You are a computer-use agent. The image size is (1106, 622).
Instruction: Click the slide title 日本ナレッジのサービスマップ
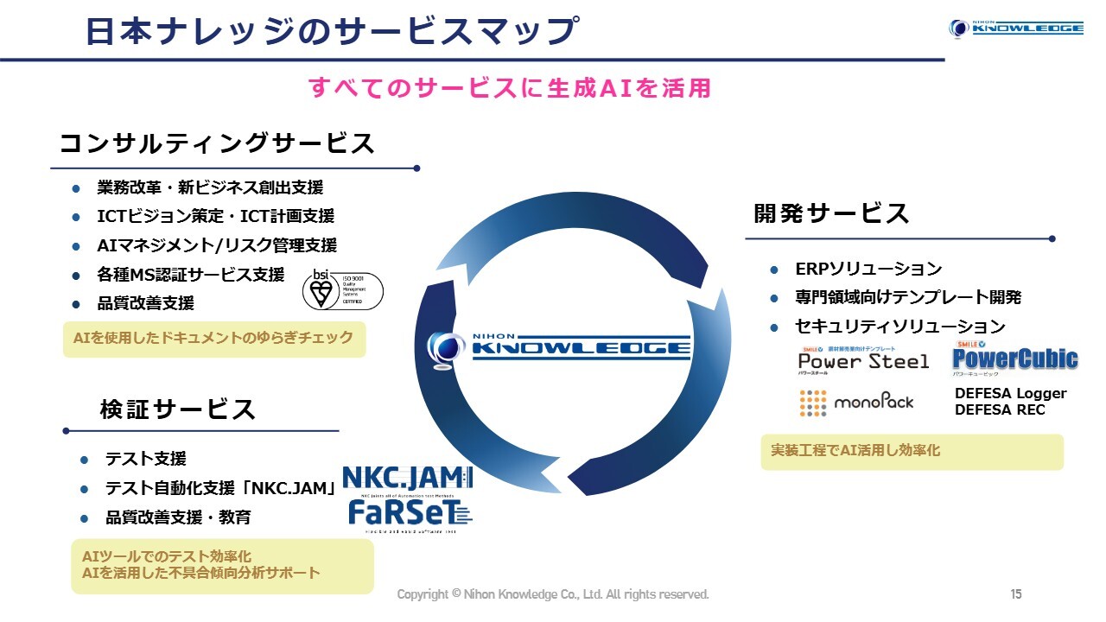[331, 30]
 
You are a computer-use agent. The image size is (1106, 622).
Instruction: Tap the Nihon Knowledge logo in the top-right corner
[1015, 28]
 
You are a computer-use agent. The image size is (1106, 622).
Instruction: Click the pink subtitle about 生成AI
[510, 87]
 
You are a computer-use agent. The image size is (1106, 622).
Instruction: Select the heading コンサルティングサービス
[217, 143]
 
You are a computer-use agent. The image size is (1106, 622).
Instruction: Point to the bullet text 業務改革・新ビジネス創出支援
[210, 187]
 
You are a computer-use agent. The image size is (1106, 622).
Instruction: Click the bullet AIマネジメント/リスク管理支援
[217, 245]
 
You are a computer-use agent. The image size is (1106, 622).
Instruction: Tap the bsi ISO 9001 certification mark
[342, 289]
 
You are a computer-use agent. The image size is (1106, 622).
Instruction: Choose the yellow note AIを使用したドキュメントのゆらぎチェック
[213, 338]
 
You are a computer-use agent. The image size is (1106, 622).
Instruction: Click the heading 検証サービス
[178, 409]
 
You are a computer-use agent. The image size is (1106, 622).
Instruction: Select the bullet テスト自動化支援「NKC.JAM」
[220, 488]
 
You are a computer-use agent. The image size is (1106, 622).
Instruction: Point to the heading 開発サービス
[831, 213]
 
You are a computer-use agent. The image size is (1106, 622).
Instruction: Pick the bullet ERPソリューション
[868, 269]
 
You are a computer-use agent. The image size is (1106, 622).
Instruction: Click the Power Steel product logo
[863, 359]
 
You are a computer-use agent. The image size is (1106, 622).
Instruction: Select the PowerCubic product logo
[1014, 358]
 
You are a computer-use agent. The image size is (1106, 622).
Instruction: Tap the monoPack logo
[855, 402]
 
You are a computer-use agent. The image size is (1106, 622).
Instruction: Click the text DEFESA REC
[1000, 409]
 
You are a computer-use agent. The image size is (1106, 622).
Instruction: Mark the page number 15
[1016, 594]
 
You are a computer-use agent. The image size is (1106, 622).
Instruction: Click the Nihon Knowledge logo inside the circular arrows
[560, 347]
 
